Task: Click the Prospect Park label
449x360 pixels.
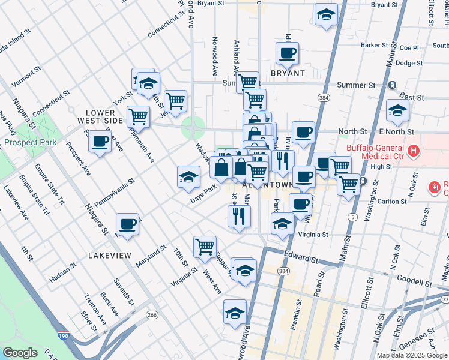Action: (30, 143)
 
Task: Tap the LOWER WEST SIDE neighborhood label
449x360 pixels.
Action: (104, 116)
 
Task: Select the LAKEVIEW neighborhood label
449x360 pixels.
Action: (109, 256)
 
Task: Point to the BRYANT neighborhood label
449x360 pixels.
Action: (288, 73)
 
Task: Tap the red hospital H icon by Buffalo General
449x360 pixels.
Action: (413, 150)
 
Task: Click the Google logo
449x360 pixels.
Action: (19, 353)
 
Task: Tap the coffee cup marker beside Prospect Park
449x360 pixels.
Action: (100, 142)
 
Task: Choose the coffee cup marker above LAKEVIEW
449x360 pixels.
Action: (127, 224)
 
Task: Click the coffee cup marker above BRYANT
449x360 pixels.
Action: (287, 53)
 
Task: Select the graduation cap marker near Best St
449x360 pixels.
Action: (397, 110)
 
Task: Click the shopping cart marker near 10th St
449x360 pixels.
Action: (205, 246)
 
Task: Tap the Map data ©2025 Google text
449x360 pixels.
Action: (412, 355)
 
